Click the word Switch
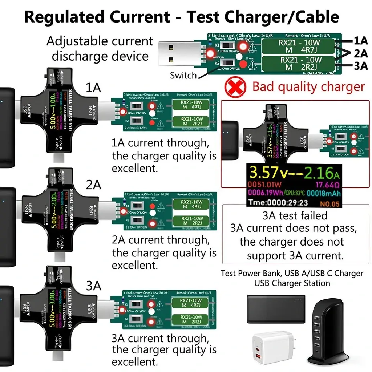tap(183, 76)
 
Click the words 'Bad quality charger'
tap(308, 87)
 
